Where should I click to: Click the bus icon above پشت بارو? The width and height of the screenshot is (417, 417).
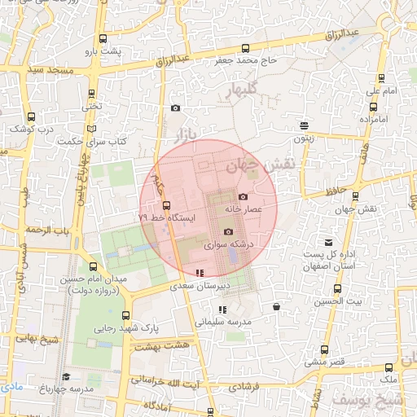click(103, 38)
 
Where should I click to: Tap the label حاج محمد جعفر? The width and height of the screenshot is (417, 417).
click(245, 60)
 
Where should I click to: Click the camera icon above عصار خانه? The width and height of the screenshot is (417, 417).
click(243, 196)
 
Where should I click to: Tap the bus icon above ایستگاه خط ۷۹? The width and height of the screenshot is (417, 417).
click(166, 205)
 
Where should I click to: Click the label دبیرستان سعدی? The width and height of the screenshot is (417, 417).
click(200, 287)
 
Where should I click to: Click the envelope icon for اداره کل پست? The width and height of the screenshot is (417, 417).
click(329, 243)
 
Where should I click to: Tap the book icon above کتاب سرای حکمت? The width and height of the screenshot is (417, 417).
click(91, 129)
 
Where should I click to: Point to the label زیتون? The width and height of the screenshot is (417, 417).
click(304, 138)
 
